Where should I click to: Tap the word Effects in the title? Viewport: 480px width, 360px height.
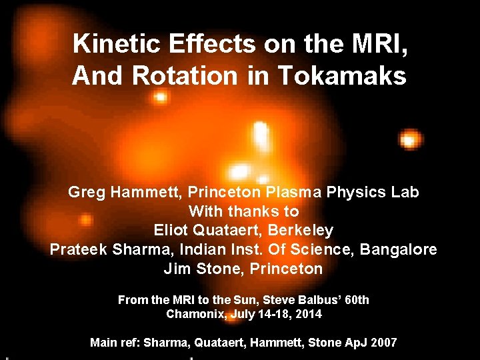[204, 44]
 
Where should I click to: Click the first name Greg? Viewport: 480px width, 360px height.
[85, 193]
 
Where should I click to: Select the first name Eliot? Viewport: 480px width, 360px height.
[171, 231]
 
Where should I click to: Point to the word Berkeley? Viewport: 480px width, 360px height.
[304, 231]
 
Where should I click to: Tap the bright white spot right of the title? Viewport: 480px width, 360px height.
[409, 139]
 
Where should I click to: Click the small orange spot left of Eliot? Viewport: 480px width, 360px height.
[86, 219]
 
